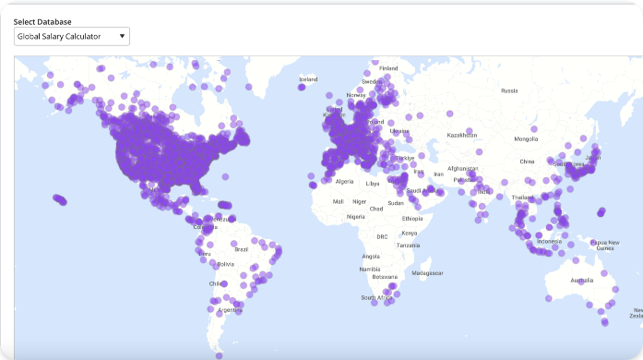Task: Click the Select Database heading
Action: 42,21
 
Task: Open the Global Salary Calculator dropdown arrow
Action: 122,37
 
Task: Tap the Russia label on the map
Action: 509,90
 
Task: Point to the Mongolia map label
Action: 526,139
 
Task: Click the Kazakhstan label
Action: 462,136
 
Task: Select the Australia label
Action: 582,280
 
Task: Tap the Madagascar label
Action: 427,273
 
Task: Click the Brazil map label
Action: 242,249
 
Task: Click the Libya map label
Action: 373,184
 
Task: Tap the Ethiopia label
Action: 412,219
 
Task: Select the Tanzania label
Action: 409,245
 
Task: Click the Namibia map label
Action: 370,269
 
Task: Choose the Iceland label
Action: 308,80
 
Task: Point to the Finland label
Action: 388,68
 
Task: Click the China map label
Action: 527,162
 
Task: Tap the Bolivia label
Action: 225,264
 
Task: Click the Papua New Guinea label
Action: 605,245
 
